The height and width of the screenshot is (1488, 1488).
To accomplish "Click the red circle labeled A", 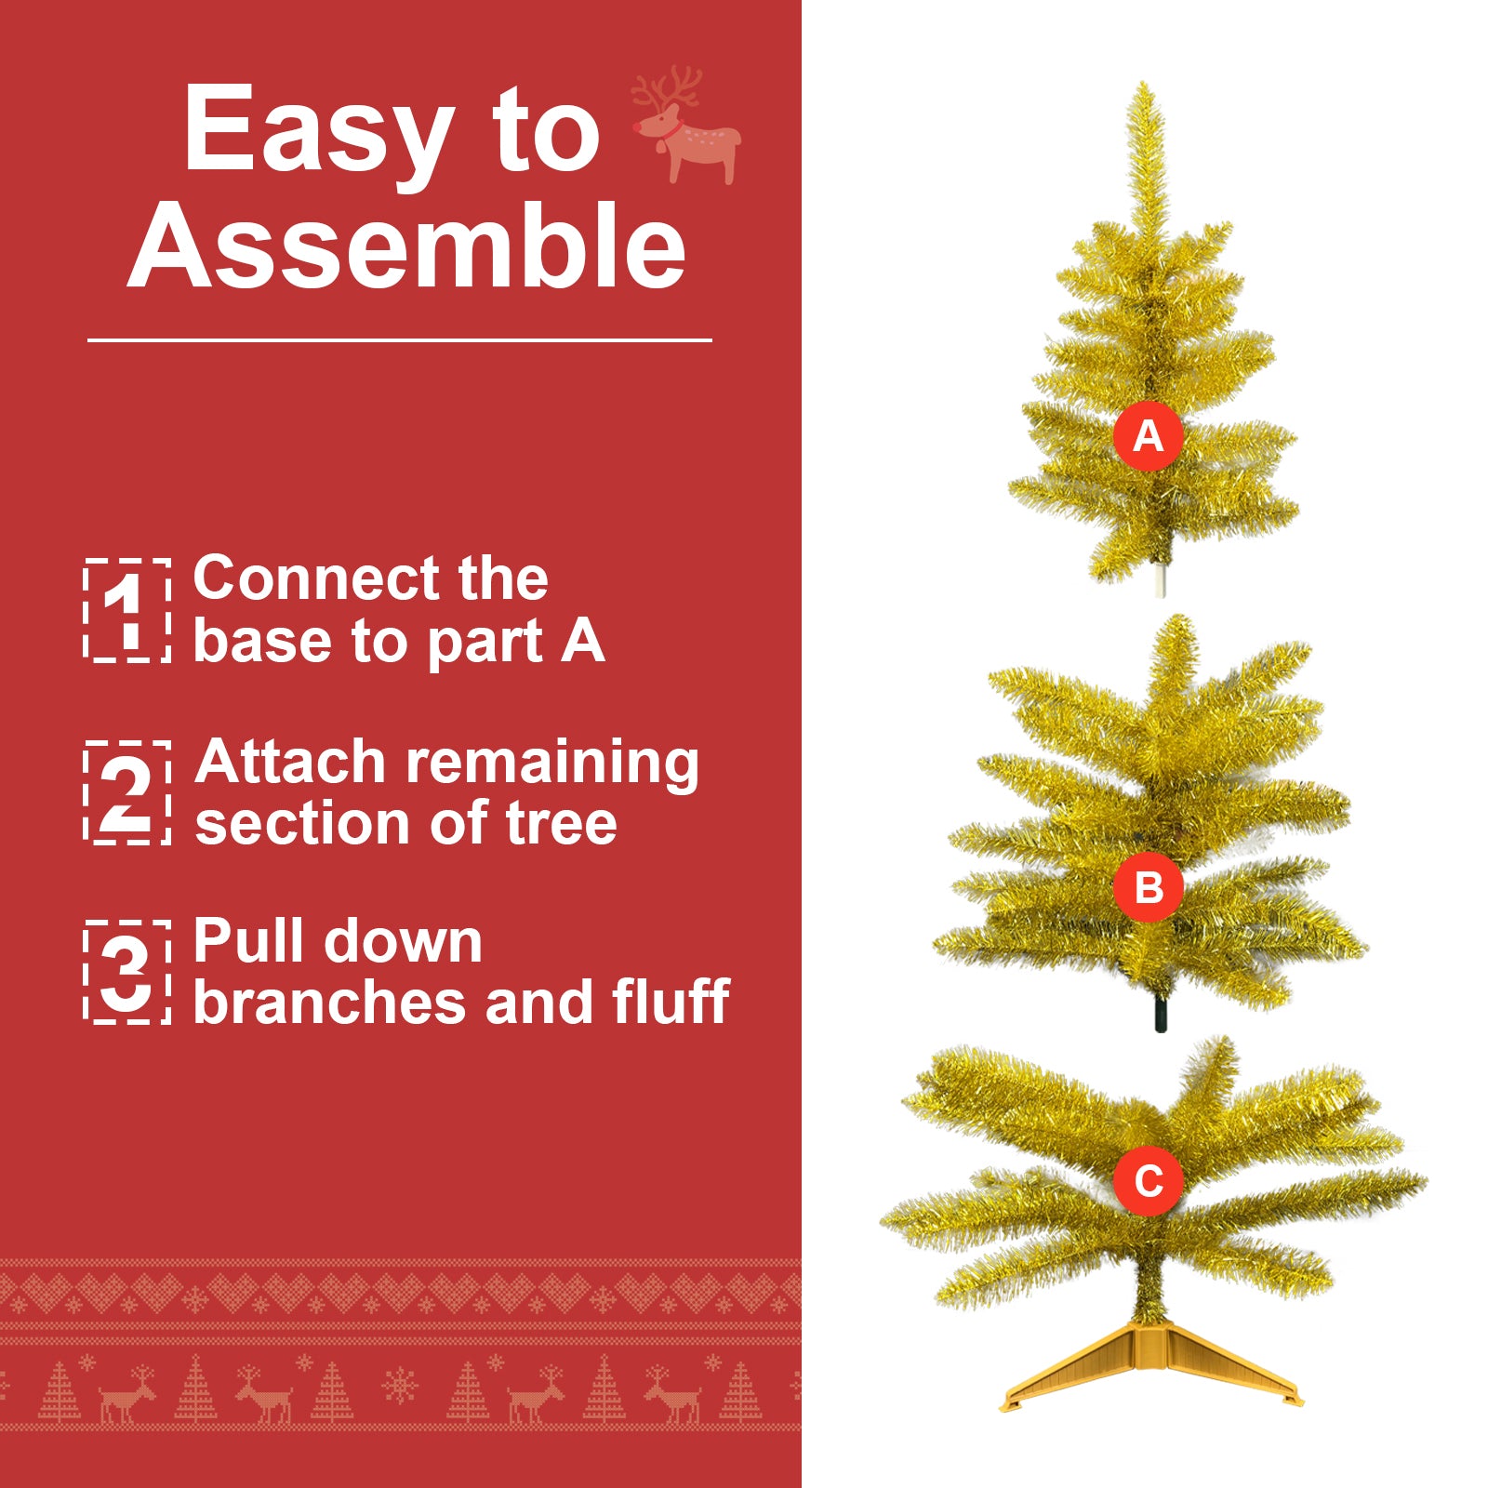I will [x=1149, y=435].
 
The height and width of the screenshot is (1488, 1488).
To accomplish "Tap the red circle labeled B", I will [x=1149, y=887].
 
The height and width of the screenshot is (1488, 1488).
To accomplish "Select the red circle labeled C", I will [x=1149, y=1181].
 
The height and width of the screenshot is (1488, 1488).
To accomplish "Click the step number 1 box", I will [x=127, y=611].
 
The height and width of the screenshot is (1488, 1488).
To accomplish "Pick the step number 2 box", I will [x=127, y=792].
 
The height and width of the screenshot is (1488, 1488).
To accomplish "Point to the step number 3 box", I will [x=127, y=972].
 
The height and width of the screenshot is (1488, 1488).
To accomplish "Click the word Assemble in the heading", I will [x=407, y=247].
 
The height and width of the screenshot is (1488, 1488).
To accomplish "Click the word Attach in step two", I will [x=290, y=763].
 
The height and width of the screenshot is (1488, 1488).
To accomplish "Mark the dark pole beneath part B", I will [x=1160, y=1015].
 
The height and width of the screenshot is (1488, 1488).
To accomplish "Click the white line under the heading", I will [x=400, y=340].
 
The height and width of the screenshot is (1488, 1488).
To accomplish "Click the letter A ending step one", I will [x=583, y=642].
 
